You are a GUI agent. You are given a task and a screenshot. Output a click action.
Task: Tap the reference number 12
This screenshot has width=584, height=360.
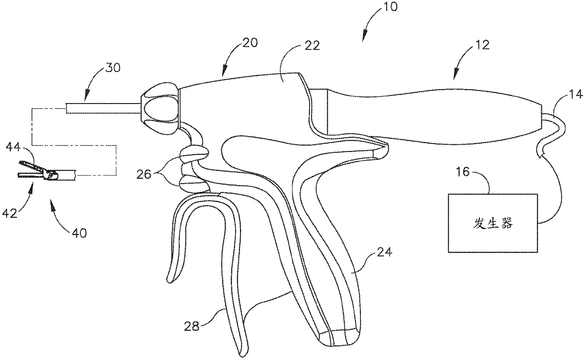[x=482, y=45]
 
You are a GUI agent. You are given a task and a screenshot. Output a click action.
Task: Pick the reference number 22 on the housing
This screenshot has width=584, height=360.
[x=311, y=45]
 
